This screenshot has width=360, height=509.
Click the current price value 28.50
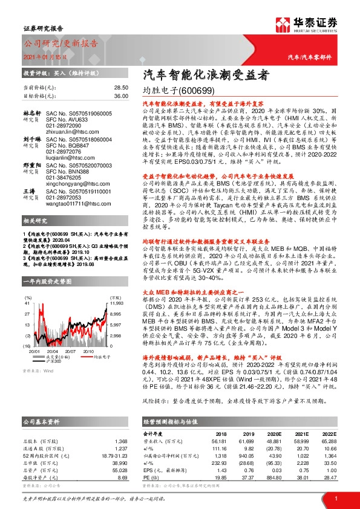[120, 88]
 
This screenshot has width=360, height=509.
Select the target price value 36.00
[120, 96]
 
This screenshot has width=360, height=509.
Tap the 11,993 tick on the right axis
[116, 303]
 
